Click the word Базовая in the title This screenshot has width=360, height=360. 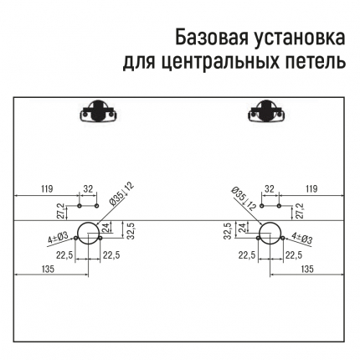(x=212, y=38)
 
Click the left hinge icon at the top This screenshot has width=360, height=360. (x=97, y=111)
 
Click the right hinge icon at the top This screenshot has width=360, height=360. (x=266, y=111)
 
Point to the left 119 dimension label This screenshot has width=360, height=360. (x=47, y=189)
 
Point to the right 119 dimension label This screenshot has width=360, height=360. (x=311, y=189)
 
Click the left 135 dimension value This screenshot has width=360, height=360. (x=48, y=269)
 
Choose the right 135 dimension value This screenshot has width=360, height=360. (x=307, y=269)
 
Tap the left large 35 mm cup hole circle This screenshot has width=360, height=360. (x=77, y=234)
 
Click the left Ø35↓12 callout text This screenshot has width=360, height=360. (x=121, y=194)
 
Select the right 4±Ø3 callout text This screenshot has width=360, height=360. (x=301, y=239)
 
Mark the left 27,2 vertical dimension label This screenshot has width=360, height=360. (x=63, y=211)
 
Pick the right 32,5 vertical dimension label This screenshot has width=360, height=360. (x=228, y=230)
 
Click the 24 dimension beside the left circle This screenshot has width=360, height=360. (x=105, y=228)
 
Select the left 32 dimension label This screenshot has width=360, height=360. (x=88, y=189)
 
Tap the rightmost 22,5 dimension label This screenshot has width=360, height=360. (x=294, y=255)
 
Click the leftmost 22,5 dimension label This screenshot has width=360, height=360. (x=64, y=255)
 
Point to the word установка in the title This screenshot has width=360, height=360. (x=300, y=38)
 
